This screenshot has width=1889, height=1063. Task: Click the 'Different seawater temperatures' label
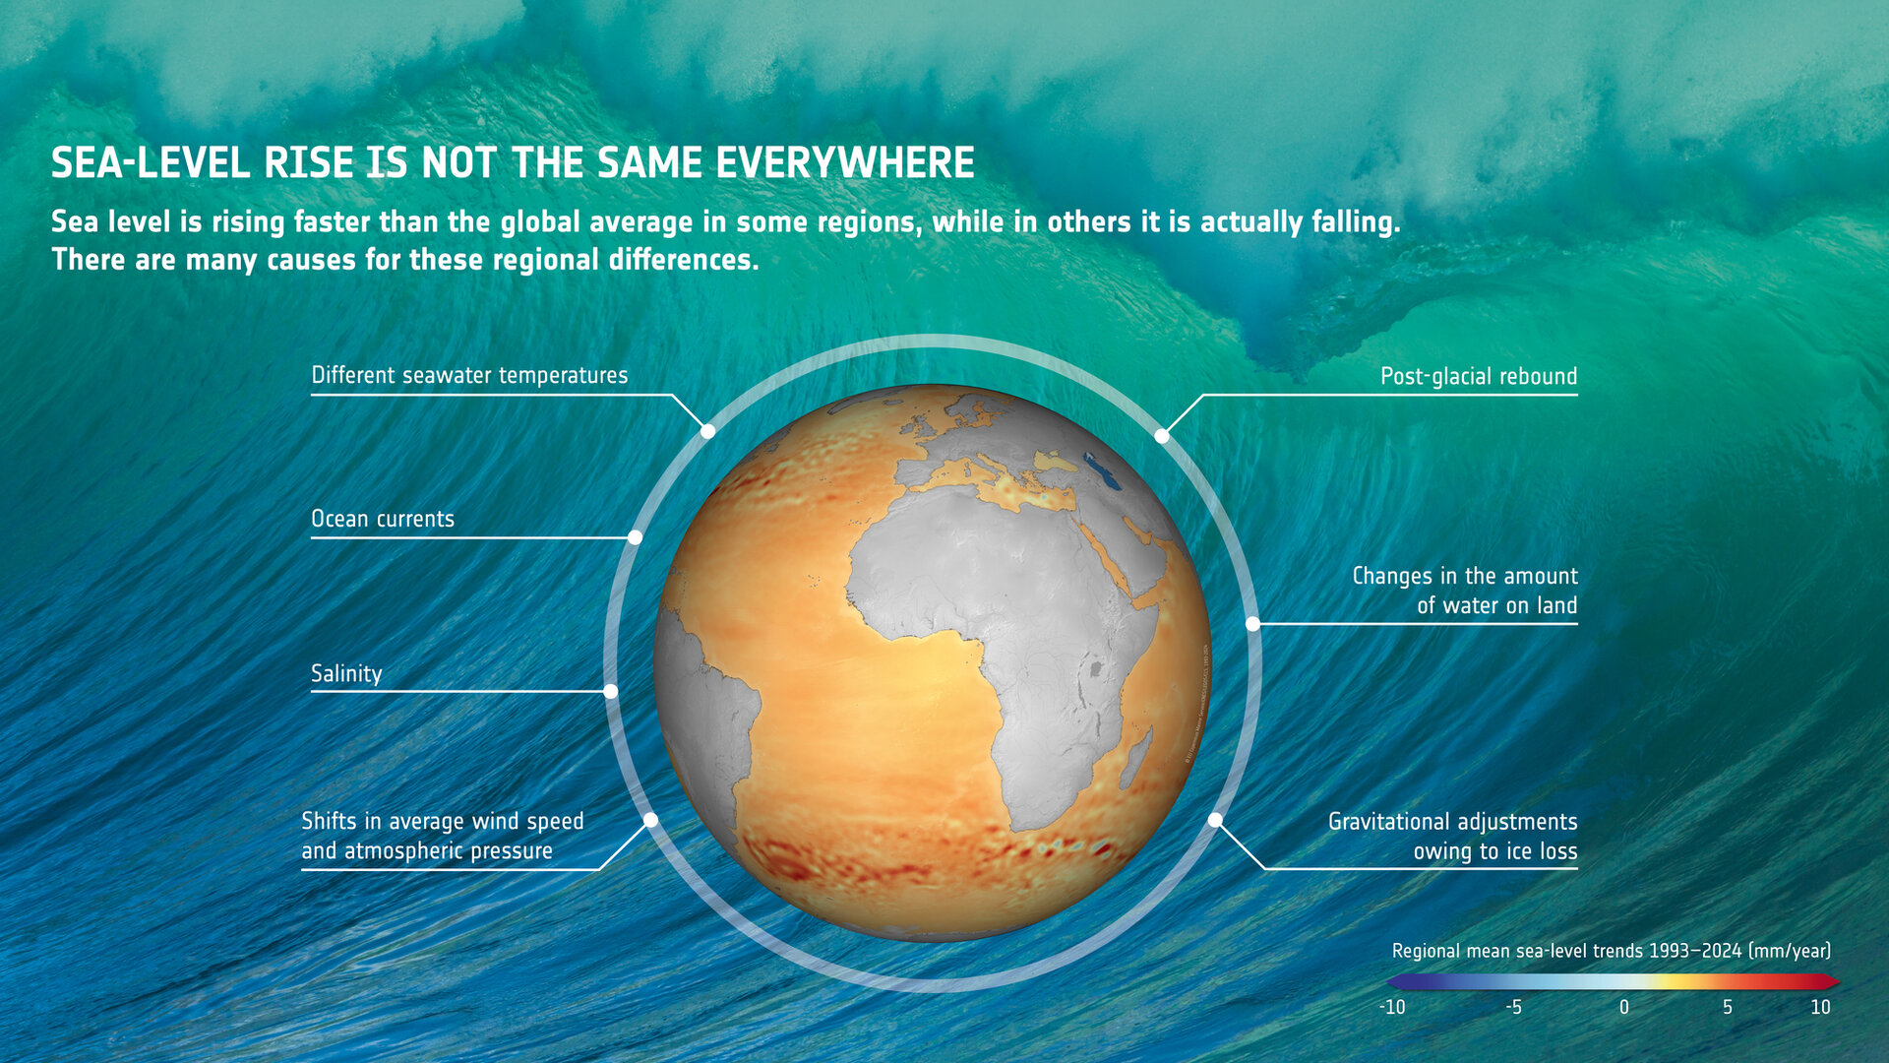469,376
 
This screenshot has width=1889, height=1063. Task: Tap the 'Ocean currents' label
383,520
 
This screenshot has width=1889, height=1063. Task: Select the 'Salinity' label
346,674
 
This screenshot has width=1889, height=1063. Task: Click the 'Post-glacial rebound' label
1478,377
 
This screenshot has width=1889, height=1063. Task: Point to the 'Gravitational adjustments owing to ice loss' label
1452,837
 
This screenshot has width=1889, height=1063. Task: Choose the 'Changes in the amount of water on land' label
1464,591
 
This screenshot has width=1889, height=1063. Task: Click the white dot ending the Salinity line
611,692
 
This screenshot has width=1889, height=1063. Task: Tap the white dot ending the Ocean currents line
636,537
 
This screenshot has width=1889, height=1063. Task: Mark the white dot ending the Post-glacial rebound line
1162,436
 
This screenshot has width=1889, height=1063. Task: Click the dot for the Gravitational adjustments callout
1216,820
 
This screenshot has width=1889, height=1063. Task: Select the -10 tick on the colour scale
1392,1007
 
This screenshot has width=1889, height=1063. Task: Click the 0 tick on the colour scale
1624,1007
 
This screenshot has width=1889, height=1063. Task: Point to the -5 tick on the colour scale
1513,1007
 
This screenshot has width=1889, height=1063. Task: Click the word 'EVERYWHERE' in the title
844,163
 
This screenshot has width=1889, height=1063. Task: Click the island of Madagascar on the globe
1134,758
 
